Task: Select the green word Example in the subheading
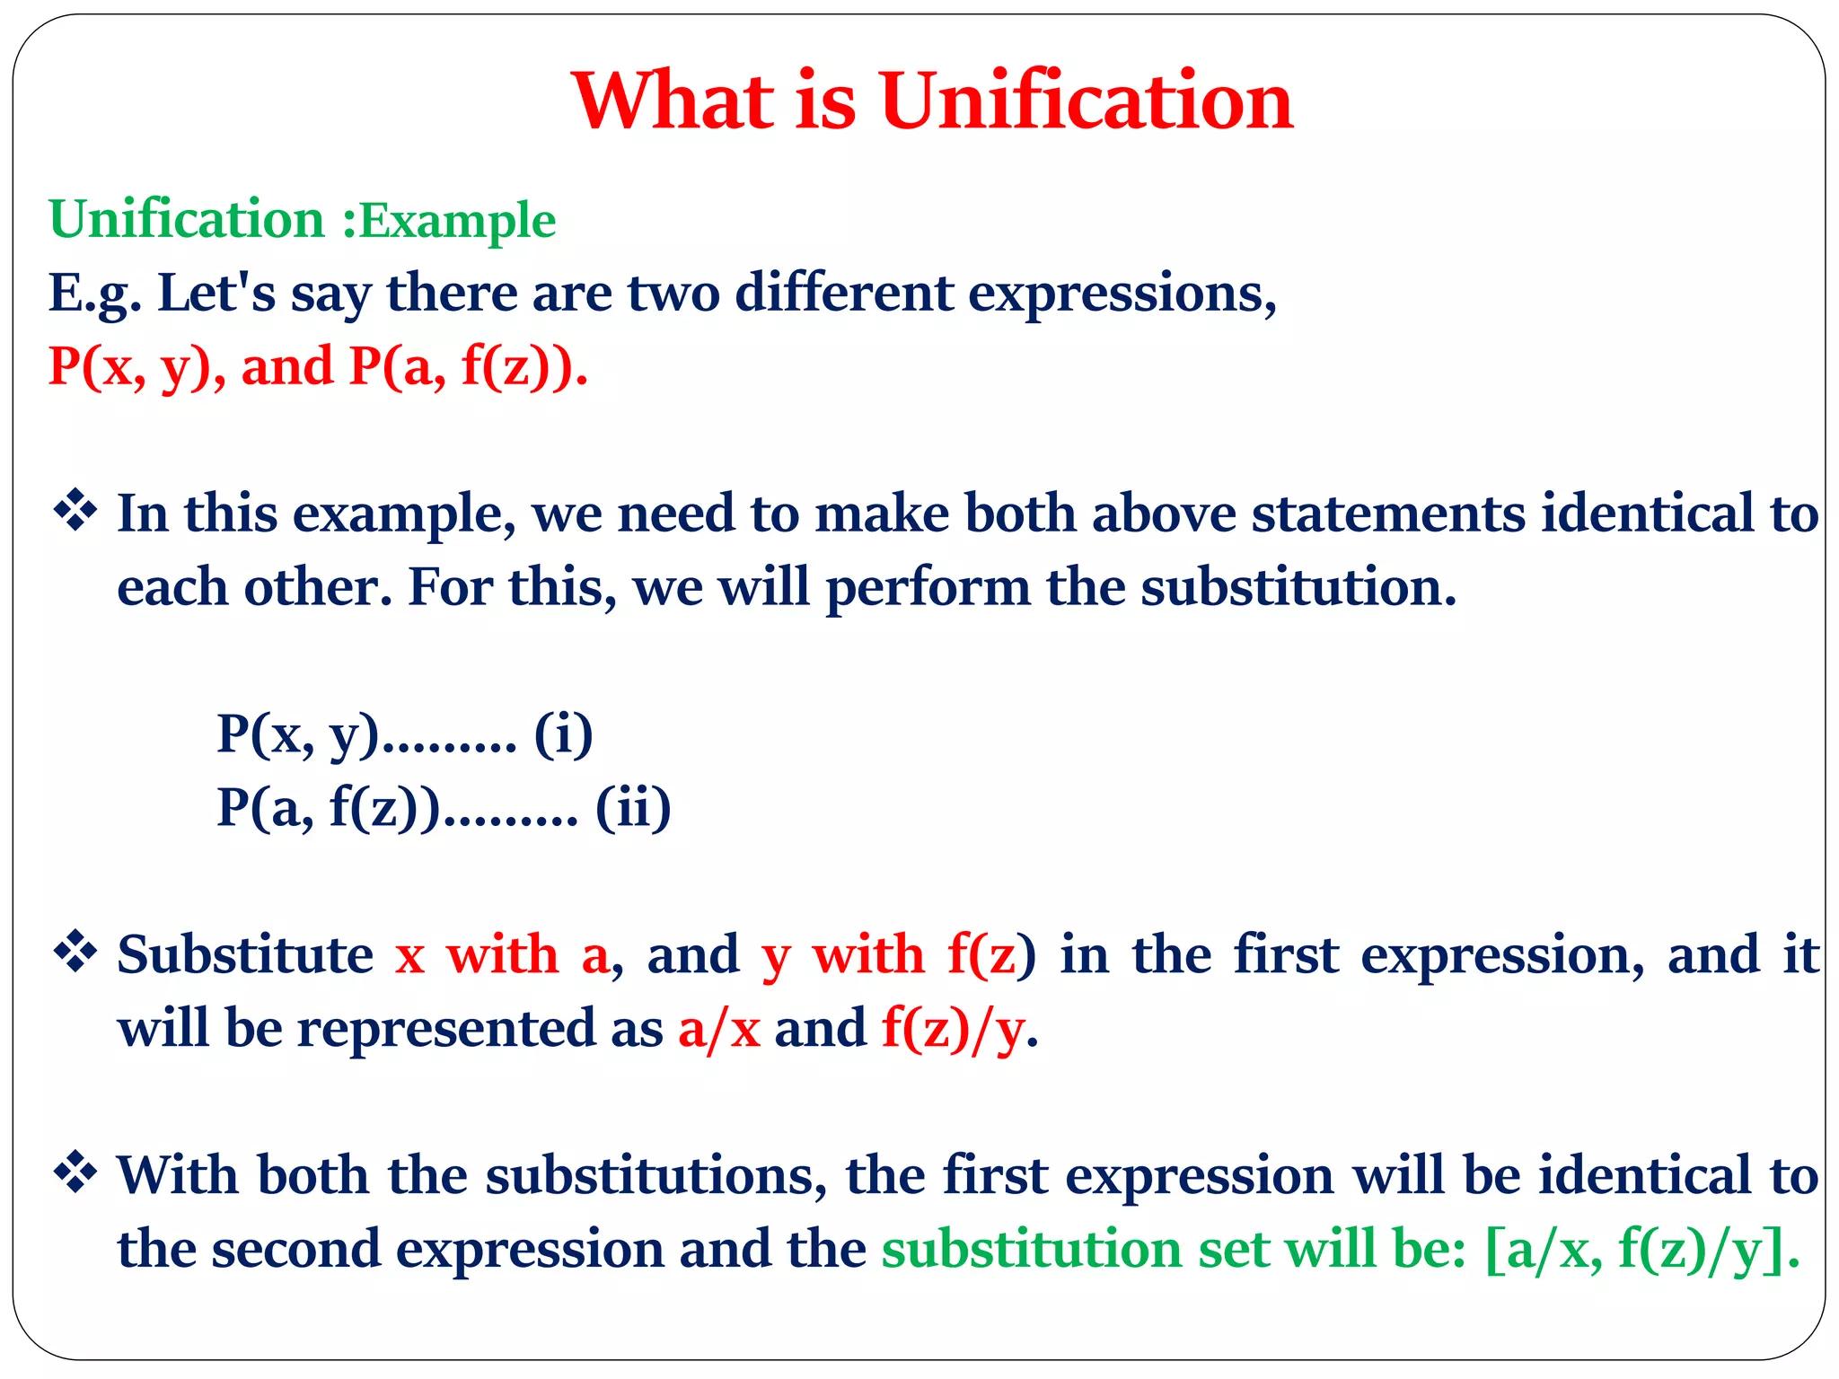tap(458, 221)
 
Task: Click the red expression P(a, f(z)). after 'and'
tap(469, 366)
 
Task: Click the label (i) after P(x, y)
tap(563, 734)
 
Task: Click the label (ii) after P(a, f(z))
tap(633, 808)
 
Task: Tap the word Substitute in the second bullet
tap(245, 954)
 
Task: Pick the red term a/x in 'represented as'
tap(718, 1029)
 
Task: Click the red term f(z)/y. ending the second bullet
tap(959, 1029)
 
